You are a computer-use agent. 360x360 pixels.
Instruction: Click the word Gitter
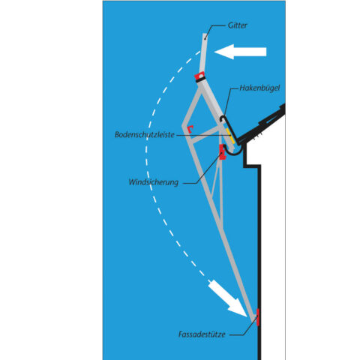(x=237, y=25)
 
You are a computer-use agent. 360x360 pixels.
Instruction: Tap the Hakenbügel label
(x=259, y=88)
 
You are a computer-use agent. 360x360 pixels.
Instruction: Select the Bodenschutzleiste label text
(x=145, y=134)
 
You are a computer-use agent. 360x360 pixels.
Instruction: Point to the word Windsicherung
(x=154, y=182)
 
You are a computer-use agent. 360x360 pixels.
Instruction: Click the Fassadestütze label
(x=202, y=334)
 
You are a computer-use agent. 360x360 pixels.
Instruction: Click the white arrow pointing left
(x=240, y=52)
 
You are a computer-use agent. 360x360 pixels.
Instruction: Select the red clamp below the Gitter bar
(x=199, y=76)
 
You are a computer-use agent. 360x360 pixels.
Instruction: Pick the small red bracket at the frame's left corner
(x=190, y=129)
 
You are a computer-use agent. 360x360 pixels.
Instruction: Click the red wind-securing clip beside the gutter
(x=222, y=151)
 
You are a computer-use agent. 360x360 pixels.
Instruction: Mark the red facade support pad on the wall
(x=258, y=317)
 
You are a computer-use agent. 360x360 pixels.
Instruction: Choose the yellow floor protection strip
(x=230, y=136)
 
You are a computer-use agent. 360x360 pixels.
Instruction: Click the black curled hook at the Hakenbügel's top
(x=223, y=119)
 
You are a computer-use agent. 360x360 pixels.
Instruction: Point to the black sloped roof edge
(x=262, y=124)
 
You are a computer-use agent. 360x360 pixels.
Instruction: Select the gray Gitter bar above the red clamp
(x=203, y=52)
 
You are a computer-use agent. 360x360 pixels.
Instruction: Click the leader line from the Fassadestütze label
(x=243, y=327)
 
